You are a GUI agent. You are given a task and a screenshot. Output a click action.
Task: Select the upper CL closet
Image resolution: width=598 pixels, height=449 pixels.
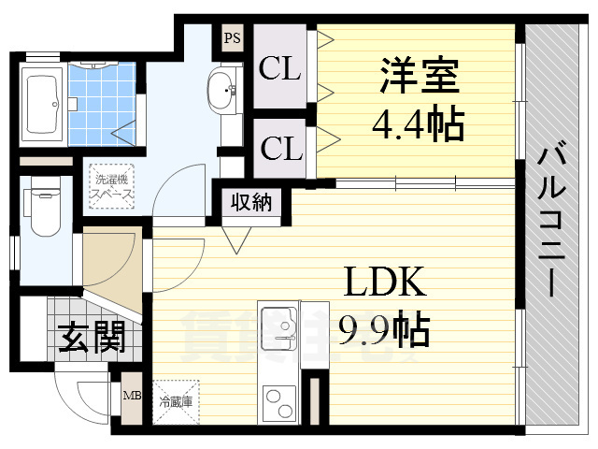pyautogui.click(x=280, y=69)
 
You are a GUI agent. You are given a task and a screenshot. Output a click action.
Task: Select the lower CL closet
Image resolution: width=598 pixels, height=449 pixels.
pyautogui.click(x=280, y=148)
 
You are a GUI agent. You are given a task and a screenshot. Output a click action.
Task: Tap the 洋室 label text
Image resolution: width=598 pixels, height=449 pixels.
pyautogui.click(x=419, y=77)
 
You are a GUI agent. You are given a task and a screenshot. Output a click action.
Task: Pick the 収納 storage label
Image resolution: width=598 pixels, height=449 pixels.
pyautogui.click(x=251, y=202)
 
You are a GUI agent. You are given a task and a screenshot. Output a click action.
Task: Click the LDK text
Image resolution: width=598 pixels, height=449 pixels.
pyautogui.click(x=386, y=281)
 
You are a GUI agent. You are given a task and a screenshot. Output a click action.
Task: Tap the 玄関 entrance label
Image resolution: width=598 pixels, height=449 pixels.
pyautogui.click(x=93, y=338)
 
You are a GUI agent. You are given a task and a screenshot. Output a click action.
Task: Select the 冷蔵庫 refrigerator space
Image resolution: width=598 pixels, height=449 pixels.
pyautogui.click(x=177, y=402)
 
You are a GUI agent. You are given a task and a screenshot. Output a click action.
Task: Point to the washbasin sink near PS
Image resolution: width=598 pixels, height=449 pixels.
pyautogui.click(x=222, y=91)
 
